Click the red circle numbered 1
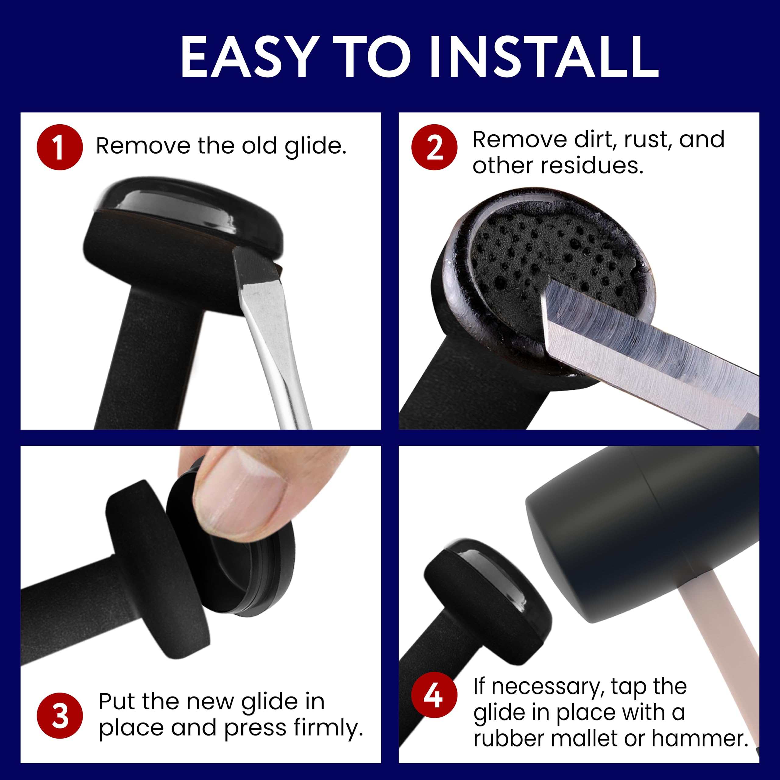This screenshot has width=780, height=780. coord(59,147)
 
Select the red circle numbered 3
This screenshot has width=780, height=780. coord(59,716)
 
